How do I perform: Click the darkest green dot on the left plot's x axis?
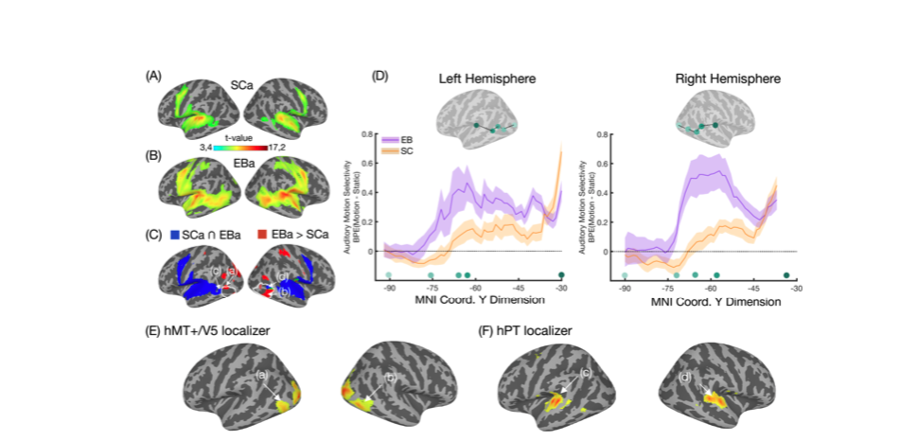click(561, 274)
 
